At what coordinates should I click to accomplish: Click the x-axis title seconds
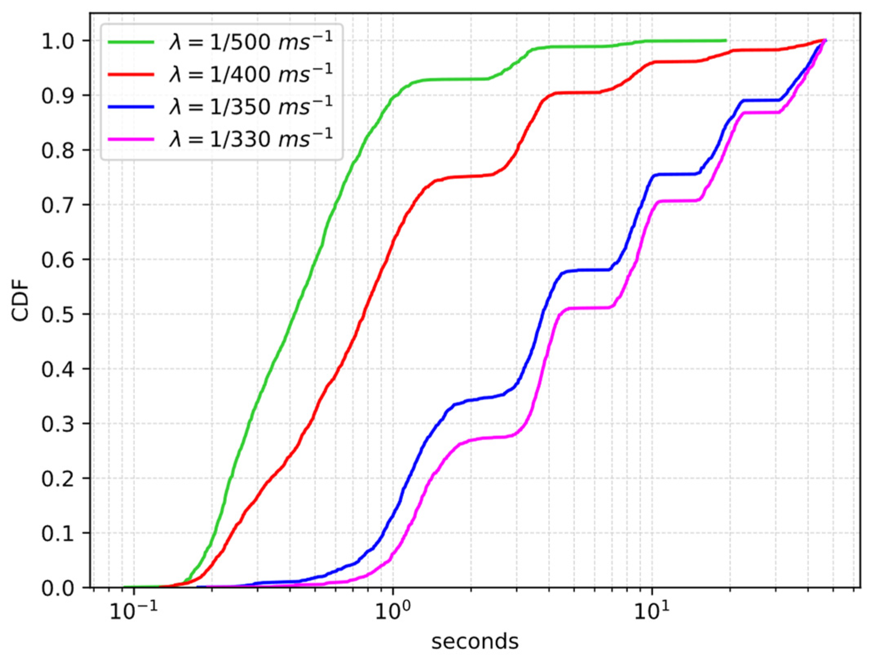pyautogui.click(x=475, y=641)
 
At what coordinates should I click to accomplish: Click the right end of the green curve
pyautogui.click(x=726, y=40)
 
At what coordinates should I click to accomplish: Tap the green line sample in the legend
pyautogui.click(x=131, y=42)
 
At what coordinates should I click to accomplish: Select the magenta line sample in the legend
pyautogui.click(x=131, y=140)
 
